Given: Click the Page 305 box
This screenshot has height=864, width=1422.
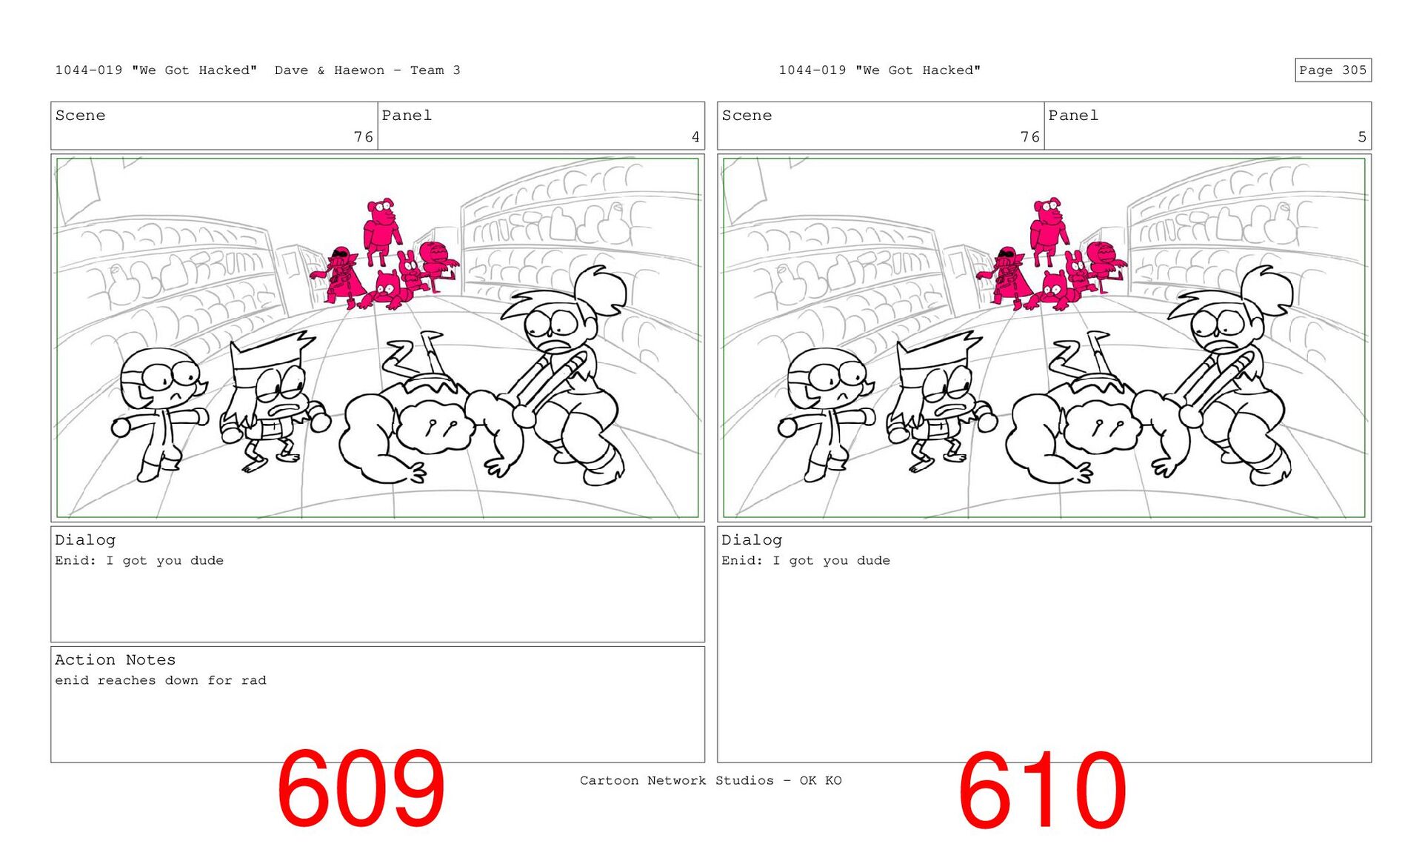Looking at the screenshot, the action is point(1332,70).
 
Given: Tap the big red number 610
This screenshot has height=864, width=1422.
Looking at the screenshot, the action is point(1042,789).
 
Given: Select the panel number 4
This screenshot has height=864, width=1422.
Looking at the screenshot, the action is point(695,137).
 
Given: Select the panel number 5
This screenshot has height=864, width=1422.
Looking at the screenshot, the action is point(1362,137).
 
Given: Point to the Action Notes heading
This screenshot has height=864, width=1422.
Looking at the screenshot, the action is point(115,659).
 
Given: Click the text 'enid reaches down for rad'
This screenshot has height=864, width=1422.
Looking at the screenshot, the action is point(161,680).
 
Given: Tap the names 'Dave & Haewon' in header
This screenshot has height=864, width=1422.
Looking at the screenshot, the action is point(330,70).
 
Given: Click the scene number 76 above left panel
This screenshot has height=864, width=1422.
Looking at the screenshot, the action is point(363,137).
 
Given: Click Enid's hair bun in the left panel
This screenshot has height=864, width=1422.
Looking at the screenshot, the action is point(601,288).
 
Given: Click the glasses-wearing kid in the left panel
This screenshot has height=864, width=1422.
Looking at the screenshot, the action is point(160,412).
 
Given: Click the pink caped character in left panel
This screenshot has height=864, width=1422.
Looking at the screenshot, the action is point(340,276).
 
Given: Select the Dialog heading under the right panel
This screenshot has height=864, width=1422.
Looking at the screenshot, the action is point(752,540).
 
